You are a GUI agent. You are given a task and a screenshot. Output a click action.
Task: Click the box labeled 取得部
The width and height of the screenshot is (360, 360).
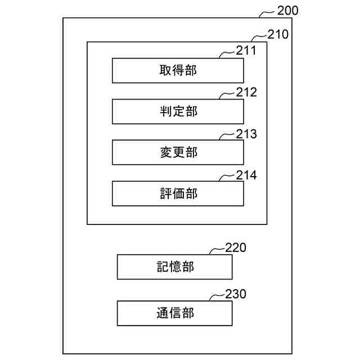pos(178,70)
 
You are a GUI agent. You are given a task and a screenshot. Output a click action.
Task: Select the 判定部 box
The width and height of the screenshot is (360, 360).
pos(178,111)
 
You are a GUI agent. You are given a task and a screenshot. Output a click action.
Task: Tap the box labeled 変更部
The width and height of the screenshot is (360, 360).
pos(178,152)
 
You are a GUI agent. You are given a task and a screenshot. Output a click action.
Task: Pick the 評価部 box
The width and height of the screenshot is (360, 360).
pos(178,194)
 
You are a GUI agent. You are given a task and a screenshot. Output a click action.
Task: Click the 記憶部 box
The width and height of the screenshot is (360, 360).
pos(174,267)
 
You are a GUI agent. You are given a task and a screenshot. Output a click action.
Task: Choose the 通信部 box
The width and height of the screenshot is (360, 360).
pos(174,313)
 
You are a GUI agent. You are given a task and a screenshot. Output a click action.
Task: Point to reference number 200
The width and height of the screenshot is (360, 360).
pos(289,10)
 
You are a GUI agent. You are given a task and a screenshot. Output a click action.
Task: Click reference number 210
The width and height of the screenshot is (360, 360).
pos(278,34)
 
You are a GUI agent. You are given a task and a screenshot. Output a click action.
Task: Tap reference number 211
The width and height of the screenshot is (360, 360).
pos(246,51)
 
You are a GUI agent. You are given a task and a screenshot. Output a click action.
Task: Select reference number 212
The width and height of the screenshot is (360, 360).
pos(246,92)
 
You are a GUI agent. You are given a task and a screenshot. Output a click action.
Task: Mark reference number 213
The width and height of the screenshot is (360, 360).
pos(246,134)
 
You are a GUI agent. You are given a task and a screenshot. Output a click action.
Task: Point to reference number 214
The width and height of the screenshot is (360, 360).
pos(246,175)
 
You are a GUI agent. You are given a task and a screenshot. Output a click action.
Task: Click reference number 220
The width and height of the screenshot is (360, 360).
pos(236,247)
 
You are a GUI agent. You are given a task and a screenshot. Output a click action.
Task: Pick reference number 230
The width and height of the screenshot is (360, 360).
pos(236,294)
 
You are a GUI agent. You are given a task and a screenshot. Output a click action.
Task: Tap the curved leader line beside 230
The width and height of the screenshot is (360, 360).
pos(217,296)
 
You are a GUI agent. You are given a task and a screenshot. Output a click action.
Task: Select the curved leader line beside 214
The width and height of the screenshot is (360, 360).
pos(227,177)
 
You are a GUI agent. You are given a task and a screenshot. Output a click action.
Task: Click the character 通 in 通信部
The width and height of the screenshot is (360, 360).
pos(162,313)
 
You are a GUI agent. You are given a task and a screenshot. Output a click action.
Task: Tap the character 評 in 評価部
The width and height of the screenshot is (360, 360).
pos(165,194)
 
